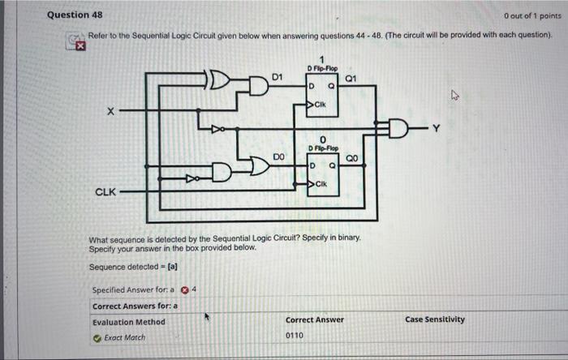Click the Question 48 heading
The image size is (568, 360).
(x=75, y=15)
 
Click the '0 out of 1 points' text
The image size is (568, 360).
(x=531, y=15)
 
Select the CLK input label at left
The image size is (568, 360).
(x=105, y=192)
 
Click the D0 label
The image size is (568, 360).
(x=278, y=155)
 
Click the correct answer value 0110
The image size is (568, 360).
(x=295, y=335)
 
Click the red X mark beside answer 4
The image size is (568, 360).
(x=184, y=290)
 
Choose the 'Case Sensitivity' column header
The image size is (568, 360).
(x=434, y=319)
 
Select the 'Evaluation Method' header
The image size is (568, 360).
(x=128, y=321)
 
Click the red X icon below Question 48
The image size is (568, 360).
(x=80, y=47)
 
